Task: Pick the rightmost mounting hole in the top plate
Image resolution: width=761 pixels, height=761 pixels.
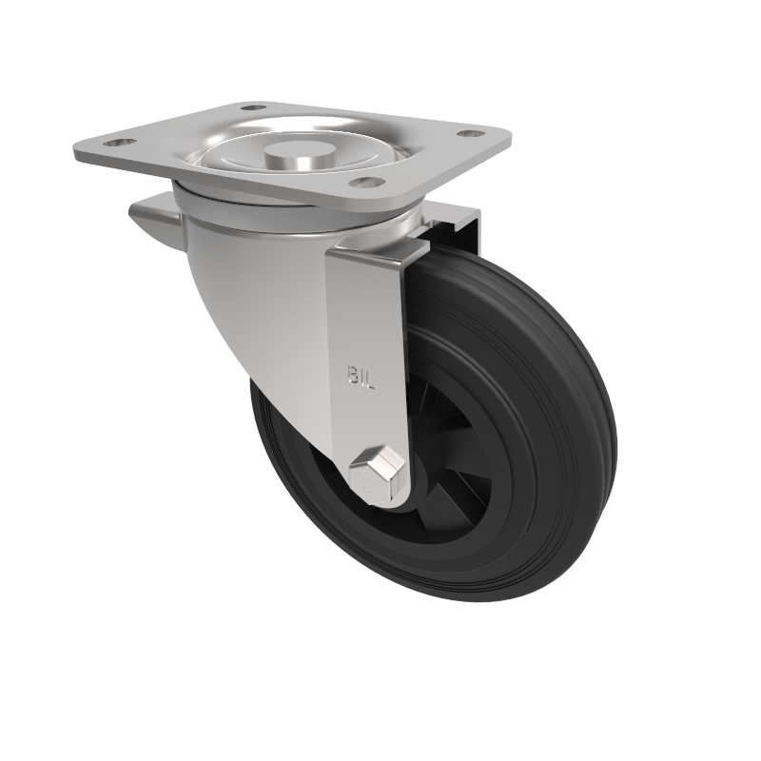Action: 468,132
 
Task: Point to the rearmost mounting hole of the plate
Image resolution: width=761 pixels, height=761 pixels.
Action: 253,107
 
